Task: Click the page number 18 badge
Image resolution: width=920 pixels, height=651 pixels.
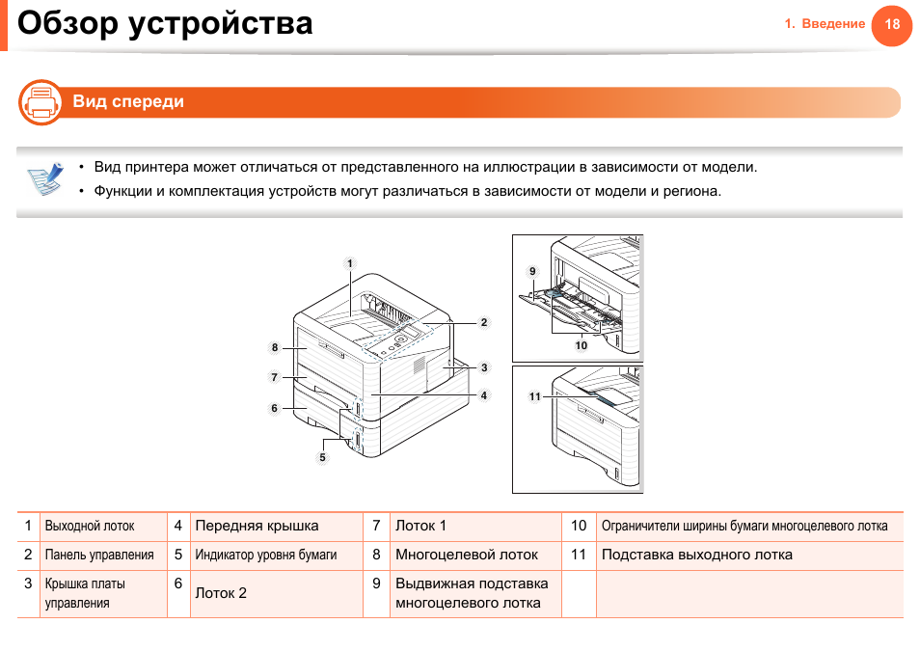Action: tap(891, 24)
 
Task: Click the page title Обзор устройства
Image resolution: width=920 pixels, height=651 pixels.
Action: tap(165, 23)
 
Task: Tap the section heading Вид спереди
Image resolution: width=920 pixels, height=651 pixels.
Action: tap(128, 102)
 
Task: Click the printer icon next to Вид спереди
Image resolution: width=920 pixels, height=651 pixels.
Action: tap(41, 102)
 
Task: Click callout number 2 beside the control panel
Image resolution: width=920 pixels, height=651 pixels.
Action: tap(484, 322)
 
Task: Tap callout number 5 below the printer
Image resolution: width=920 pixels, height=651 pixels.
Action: tap(323, 457)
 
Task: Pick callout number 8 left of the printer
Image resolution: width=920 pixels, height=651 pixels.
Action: tap(275, 347)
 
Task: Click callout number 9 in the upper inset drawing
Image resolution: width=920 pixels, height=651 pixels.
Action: tap(531, 271)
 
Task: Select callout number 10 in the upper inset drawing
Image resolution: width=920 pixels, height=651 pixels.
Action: tap(581, 345)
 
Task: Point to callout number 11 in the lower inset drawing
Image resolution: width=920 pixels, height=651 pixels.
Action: tap(534, 396)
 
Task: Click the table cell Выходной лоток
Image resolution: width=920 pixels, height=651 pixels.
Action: tap(90, 527)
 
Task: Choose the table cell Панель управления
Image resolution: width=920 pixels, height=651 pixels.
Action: tap(99, 556)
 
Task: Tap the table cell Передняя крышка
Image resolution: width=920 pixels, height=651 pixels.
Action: tap(257, 527)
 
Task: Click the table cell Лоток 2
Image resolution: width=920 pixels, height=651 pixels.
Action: tap(221, 593)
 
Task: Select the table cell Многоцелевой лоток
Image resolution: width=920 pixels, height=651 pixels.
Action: tap(467, 556)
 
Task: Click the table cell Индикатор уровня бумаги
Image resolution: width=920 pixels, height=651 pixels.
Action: tap(266, 556)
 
